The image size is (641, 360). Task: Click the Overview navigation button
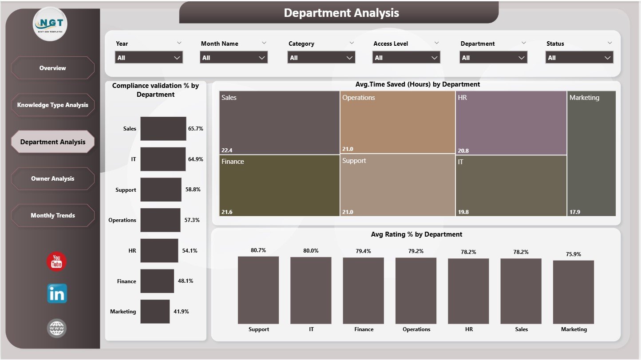[52, 68]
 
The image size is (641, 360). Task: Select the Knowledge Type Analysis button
[52, 105]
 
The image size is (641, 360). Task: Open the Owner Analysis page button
[52, 178]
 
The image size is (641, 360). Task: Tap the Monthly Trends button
[52, 215]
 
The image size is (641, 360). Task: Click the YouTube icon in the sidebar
[56, 261]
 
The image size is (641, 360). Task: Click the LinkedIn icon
[57, 294]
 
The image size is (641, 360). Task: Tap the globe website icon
[57, 328]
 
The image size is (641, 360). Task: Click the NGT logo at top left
[50, 24]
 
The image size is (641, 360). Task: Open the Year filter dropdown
[149, 58]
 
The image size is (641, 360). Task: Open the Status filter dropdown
[579, 58]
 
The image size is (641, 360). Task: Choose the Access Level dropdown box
[406, 58]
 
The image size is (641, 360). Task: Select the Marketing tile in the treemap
[591, 153]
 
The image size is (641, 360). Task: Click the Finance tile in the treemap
[279, 185]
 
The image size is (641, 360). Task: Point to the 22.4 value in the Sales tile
[227, 149]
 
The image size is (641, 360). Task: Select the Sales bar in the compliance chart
[163, 129]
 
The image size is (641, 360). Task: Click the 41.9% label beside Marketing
[181, 312]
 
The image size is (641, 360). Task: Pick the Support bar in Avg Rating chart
[258, 290]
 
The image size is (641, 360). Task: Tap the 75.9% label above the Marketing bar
[573, 254]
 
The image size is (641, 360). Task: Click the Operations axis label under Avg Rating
[416, 329]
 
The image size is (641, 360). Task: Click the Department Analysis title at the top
[341, 13]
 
